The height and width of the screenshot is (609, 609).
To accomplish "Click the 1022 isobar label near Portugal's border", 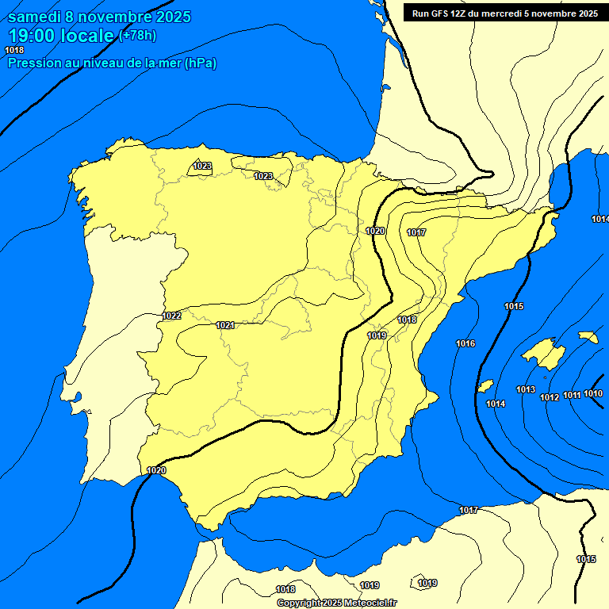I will [171, 316].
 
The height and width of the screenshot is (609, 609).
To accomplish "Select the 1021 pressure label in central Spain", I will [225, 325].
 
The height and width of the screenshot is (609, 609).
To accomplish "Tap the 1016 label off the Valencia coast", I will [465, 343].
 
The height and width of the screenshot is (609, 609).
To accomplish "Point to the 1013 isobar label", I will [525, 389].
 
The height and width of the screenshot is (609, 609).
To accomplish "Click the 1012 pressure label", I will [550, 397].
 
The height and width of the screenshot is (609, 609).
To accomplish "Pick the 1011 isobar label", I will [572, 395].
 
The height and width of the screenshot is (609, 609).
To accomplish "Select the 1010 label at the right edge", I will [593, 393].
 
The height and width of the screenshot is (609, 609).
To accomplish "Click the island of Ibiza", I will [485, 386].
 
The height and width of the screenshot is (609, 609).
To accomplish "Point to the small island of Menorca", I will [588, 337].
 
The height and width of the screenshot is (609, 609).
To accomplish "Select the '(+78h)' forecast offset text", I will [138, 35].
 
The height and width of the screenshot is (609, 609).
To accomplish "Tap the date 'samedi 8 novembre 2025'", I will [98, 17].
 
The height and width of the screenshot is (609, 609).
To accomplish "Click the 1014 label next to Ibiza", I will [496, 404].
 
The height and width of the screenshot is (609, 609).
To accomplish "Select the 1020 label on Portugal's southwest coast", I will [156, 470].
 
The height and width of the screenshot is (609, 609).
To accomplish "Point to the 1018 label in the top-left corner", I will [14, 50].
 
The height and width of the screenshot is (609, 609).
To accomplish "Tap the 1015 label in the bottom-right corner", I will [586, 559].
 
